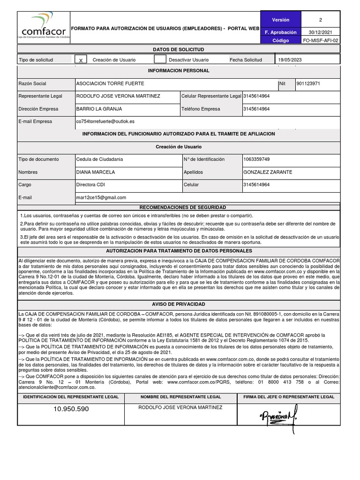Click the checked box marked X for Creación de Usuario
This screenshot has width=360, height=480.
point(81,60)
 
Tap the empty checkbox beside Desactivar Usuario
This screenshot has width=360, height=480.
point(160,60)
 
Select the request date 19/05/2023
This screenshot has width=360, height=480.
point(291,60)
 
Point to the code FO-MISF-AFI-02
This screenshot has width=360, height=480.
point(321,41)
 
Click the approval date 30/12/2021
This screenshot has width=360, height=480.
point(321,32)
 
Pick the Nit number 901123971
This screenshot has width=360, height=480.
point(308,83)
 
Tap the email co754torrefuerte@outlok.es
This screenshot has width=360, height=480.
point(105,121)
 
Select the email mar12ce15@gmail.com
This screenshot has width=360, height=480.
point(101,198)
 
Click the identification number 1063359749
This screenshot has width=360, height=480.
point(257,159)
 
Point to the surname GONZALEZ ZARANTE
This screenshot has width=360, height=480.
point(268,172)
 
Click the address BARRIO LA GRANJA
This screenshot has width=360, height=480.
point(99,109)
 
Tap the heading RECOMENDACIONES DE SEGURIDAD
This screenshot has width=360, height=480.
point(183,207)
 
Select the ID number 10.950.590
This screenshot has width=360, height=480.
point(71,409)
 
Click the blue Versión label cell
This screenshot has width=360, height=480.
point(281,20)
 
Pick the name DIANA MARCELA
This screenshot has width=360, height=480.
point(96,172)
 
